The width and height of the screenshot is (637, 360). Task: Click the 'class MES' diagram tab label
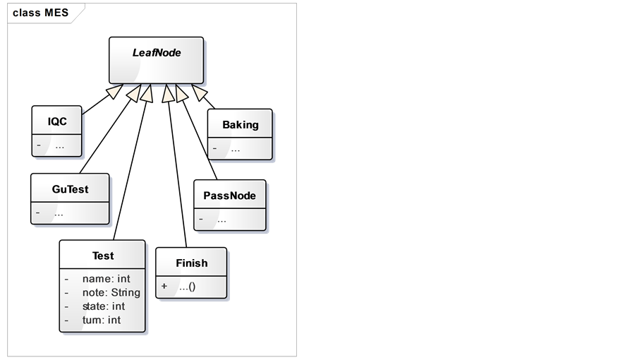[x=40, y=13]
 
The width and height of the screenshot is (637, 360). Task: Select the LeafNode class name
[x=157, y=52]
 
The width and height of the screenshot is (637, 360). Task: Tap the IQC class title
[x=57, y=121]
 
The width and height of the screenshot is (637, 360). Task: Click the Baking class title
[x=240, y=125]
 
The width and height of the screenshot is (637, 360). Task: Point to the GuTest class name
[x=70, y=189]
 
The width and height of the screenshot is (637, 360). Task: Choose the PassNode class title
[x=229, y=196]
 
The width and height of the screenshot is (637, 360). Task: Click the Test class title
[x=102, y=256]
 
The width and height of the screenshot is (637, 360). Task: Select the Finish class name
[x=191, y=263]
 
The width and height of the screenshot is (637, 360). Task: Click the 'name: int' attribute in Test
[x=106, y=279]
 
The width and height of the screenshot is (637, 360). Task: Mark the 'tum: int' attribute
[x=101, y=320]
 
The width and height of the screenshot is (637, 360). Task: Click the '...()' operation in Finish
[x=187, y=287]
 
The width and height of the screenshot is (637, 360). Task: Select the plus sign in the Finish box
[x=164, y=287]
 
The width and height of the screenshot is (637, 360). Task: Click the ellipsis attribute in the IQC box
[x=60, y=147]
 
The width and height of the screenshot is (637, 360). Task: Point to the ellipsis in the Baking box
[x=235, y=149]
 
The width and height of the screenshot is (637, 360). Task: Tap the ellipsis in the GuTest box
[x=59, y=212]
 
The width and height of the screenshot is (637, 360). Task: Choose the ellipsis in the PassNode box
[x=222, y=220]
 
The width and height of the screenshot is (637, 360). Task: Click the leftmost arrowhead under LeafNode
[x=114, y=92]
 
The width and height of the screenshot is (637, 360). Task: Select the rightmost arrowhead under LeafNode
[x=200, y=93]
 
